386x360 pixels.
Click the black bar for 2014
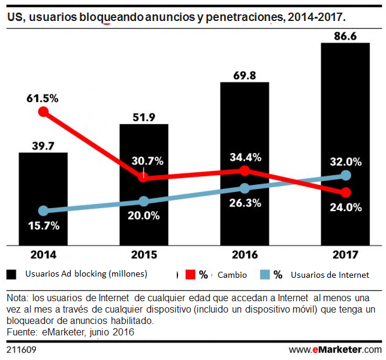[x=43, y=198]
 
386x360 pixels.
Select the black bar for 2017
[x=345, y=144]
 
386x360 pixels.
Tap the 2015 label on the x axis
[x=144, y=255]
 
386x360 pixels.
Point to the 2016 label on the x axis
[x=245, y=255]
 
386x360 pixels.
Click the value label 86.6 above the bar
[x=346, y=36]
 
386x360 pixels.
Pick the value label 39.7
[x=43, y=145]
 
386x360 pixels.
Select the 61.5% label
[x=43, y=98]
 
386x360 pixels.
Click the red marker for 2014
[x=43, y=112]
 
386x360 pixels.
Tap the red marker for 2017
[x=345, y=193]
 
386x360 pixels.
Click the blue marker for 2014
[x=43, y=211]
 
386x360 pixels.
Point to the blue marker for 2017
[x=345, y=175]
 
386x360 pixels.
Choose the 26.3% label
[x=245, y=203]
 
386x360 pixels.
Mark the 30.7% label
[x=144, y=161]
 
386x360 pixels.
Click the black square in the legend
[x=11, y=275]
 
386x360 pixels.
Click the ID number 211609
[x=20, y=349]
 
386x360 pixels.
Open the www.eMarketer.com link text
[x=334, y=349]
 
